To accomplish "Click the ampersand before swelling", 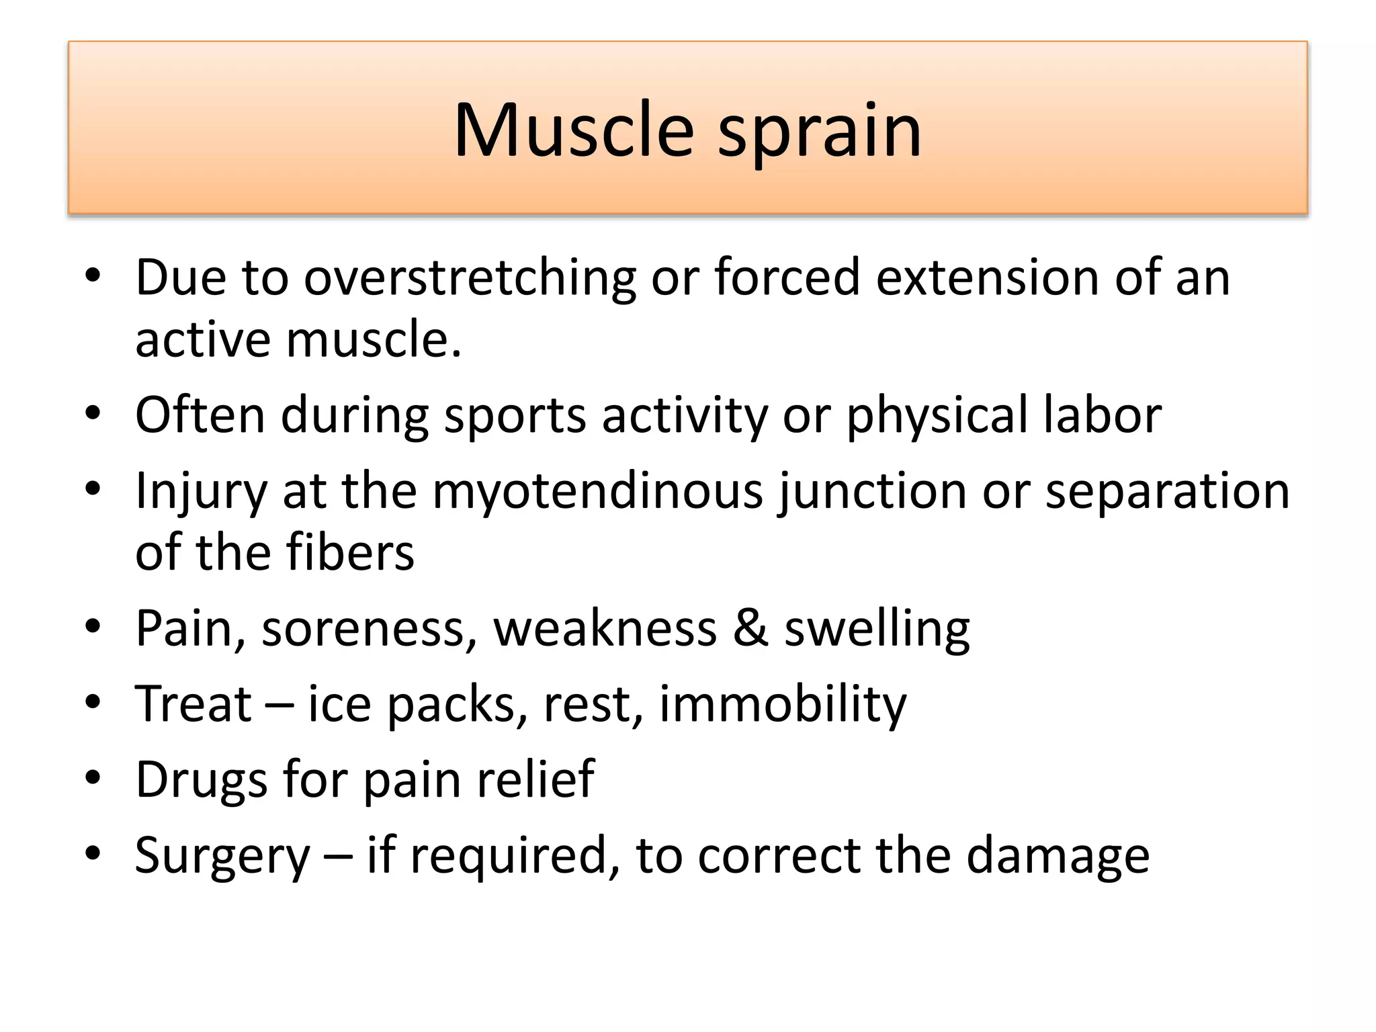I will [x=750, y=628].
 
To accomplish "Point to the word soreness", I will [x=369, y=628].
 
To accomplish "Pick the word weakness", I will [x=605, y=628].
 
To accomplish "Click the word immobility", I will [x=782, y=704].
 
